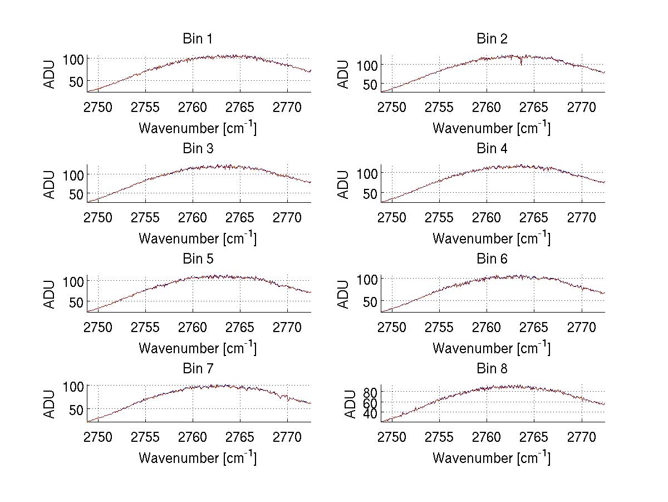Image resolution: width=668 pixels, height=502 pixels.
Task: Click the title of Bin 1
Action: (197, 39)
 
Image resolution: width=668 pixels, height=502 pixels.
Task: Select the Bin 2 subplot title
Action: (492, 39)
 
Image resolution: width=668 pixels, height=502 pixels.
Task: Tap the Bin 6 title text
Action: (492, 259)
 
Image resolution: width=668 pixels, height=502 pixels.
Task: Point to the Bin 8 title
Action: (492, 369)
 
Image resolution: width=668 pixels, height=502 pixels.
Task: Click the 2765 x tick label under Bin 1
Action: (240, 108)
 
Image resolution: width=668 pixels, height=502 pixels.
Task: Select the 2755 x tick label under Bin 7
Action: (146, 437)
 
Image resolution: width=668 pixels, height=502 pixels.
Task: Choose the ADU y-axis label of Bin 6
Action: (344, 293)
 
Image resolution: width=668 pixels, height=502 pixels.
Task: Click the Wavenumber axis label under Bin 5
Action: (198, 348)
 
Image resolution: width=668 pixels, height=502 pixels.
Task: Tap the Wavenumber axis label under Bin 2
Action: (492, 128)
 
